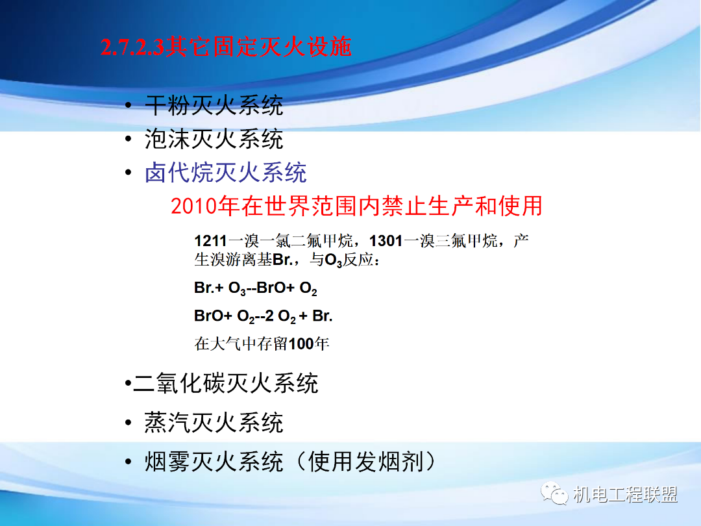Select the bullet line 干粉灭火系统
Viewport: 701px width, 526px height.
click(x=214, y=105)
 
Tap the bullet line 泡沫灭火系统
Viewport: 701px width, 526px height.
click(x=214, y=138)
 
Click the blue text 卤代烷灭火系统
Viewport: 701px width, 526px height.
click(x=225, y=172)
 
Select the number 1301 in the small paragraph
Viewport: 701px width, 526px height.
click(x=386, y=242)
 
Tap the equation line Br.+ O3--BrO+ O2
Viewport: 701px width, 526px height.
click(x=256, y=288)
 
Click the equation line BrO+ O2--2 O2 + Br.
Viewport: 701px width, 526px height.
click(x=263, y=316)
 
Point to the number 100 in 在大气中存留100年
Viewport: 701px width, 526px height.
click(x=301, y=344)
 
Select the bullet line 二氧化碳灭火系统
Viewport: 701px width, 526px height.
click(x=225, y=383)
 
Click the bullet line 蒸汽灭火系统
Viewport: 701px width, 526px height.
click(x=214, y=423)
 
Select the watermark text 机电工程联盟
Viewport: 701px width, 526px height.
click(x=626, y=495)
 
